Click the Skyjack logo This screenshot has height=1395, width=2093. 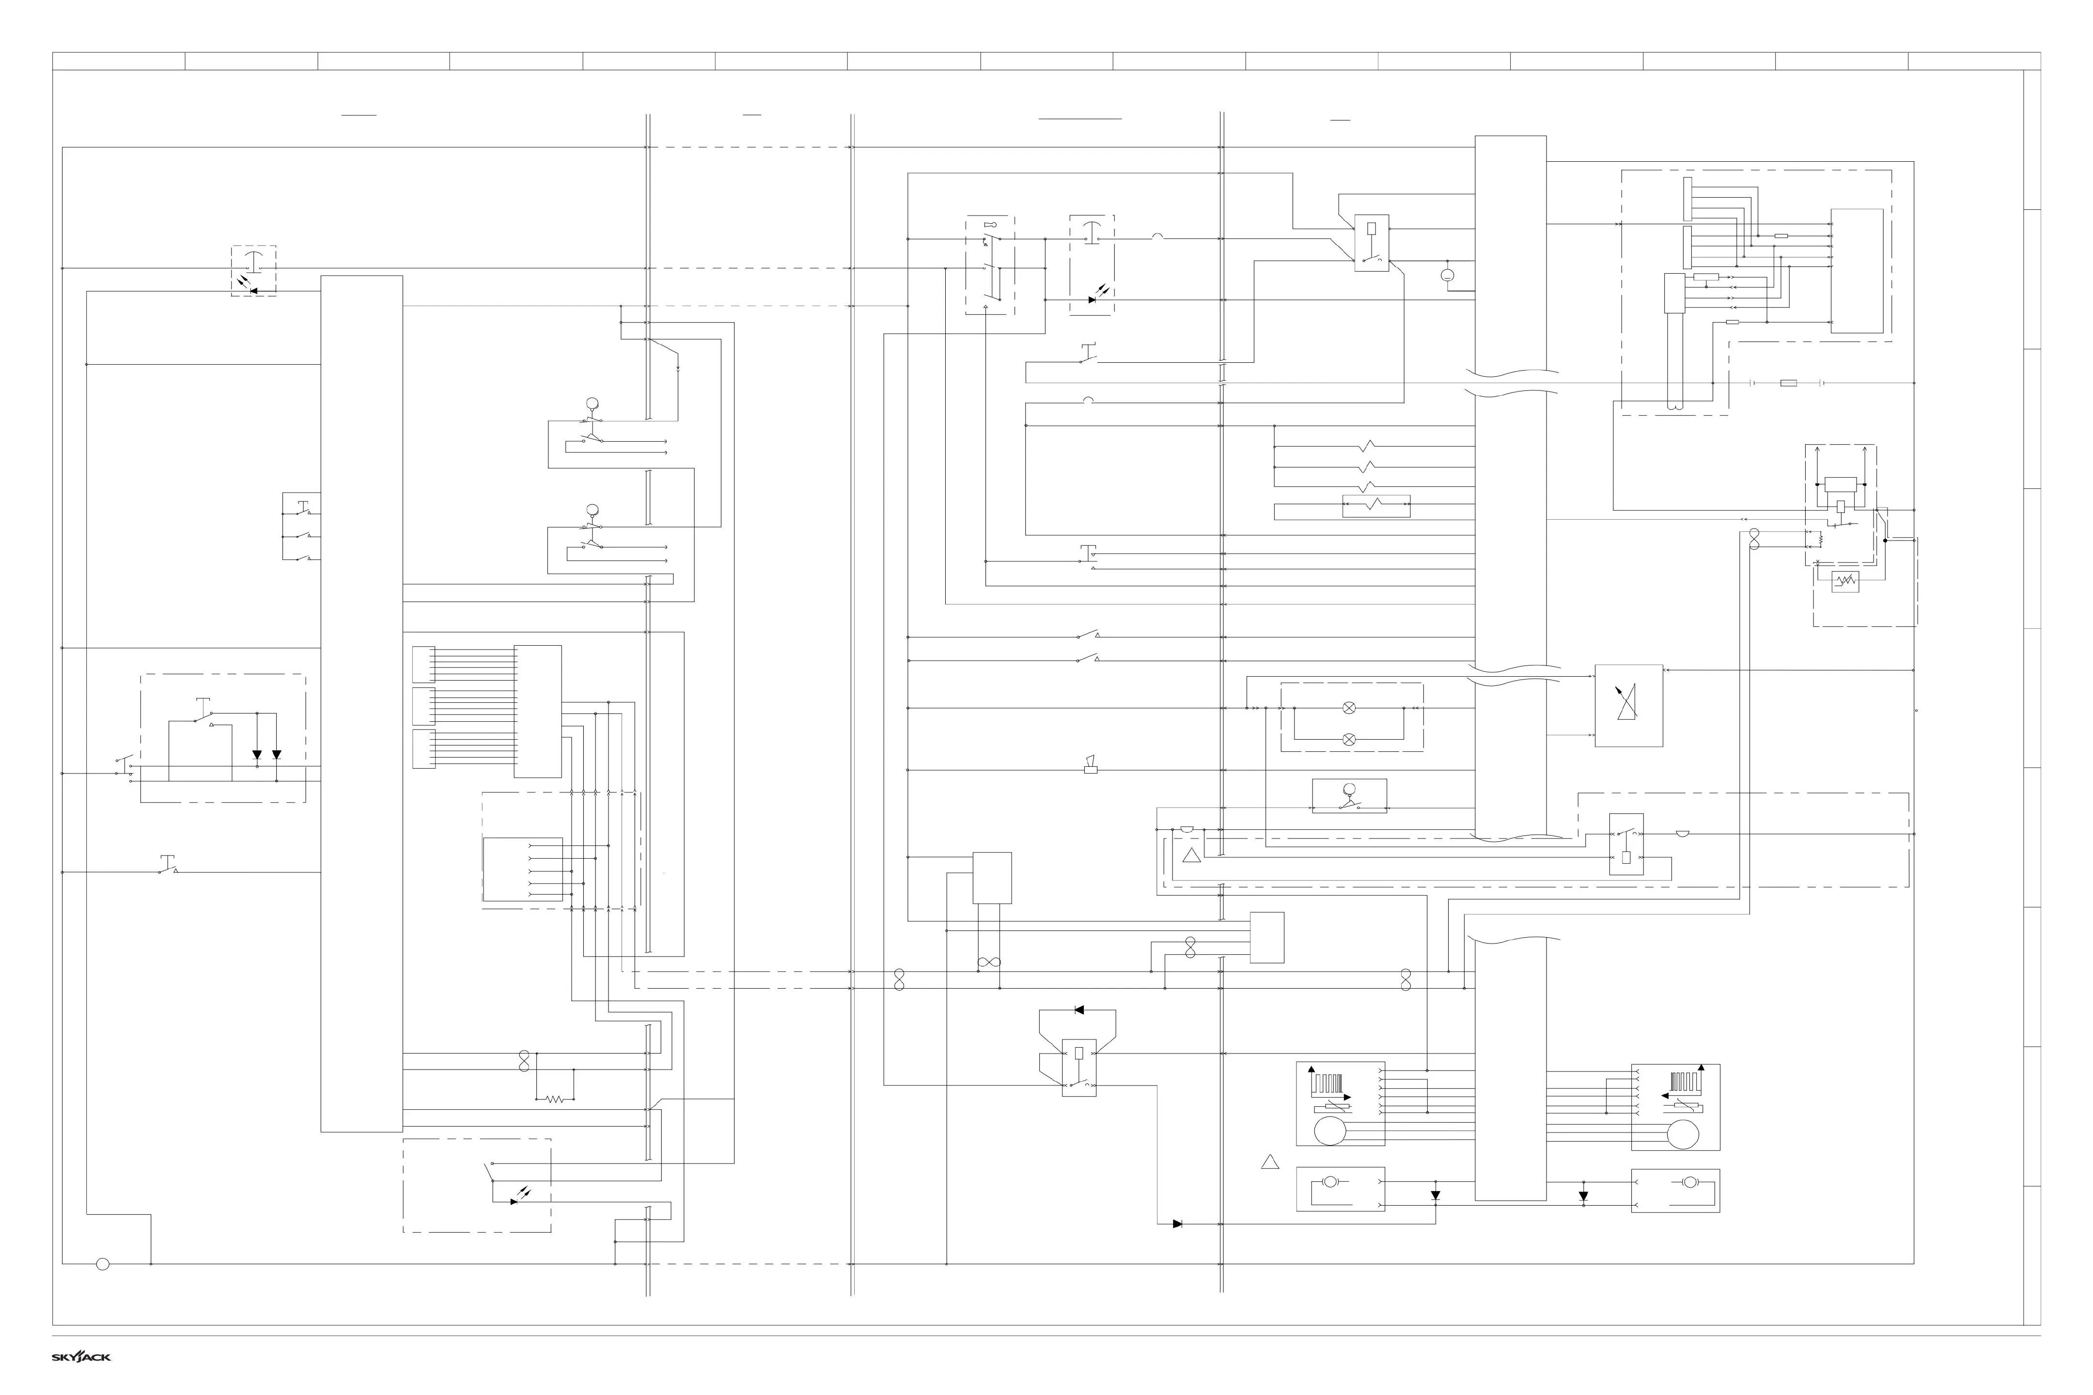pos(81,1357)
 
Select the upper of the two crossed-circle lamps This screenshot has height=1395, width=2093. pos(1349,708)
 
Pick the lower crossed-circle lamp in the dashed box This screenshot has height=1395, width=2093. pos(1349,738)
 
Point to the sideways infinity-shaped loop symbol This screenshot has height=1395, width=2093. pos(989,962)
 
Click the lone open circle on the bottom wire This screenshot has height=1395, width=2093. pos(102,1264)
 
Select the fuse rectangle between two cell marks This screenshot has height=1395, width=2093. pos(1788,384)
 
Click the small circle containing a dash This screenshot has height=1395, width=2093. pos(1447,276)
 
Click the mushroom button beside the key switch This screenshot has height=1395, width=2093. pos(1092,233)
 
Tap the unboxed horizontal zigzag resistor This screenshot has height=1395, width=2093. pos(554,1100)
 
